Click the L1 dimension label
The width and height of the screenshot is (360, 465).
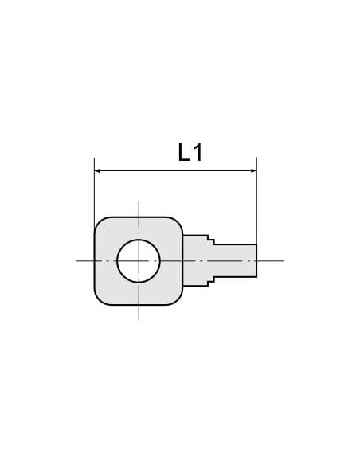[x=190, y=152]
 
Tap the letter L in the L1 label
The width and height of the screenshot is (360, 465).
[x=184, y=152]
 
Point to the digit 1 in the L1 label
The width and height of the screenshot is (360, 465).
[x=198, y=152]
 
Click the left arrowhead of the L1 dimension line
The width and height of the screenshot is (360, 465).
[x=97, y=171]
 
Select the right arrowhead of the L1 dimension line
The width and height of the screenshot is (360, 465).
[x=253, y=171]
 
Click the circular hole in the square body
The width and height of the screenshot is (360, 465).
[x=139, y=261]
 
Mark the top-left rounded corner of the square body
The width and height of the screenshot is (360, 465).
[x=100, y=222]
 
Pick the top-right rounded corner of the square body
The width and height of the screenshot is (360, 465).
[x=178, y=222]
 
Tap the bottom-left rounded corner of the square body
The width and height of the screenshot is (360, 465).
[x=100, y=299]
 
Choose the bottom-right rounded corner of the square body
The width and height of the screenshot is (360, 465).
[x=178, y=299]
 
